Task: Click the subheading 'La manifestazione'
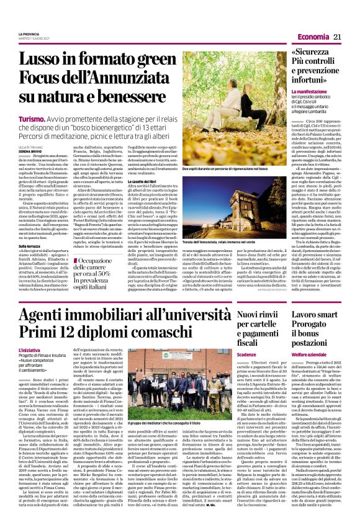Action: (x=310, y=92)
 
